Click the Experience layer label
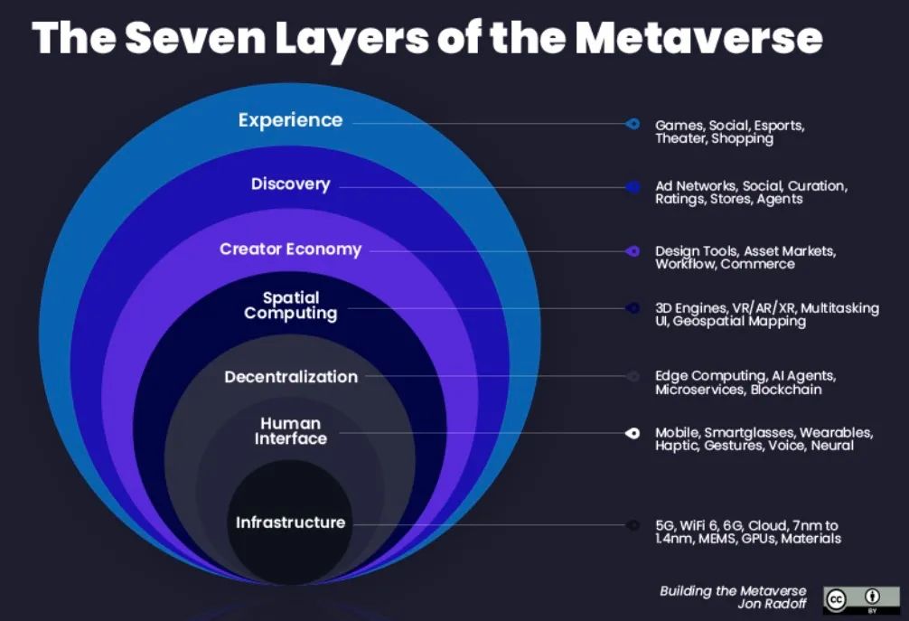click(290, 120)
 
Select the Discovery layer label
click(290, 184)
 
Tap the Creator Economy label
click(290, 249)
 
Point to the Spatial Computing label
click(291, 306)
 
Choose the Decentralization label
click(291, 377)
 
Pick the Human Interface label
click(291, 431)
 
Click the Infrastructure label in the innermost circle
click(290, 522)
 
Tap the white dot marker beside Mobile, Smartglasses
click(633, 433)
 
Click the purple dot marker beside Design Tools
click(633, 251)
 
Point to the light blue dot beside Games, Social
click(633, 124)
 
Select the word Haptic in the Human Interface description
click(677, 446)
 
